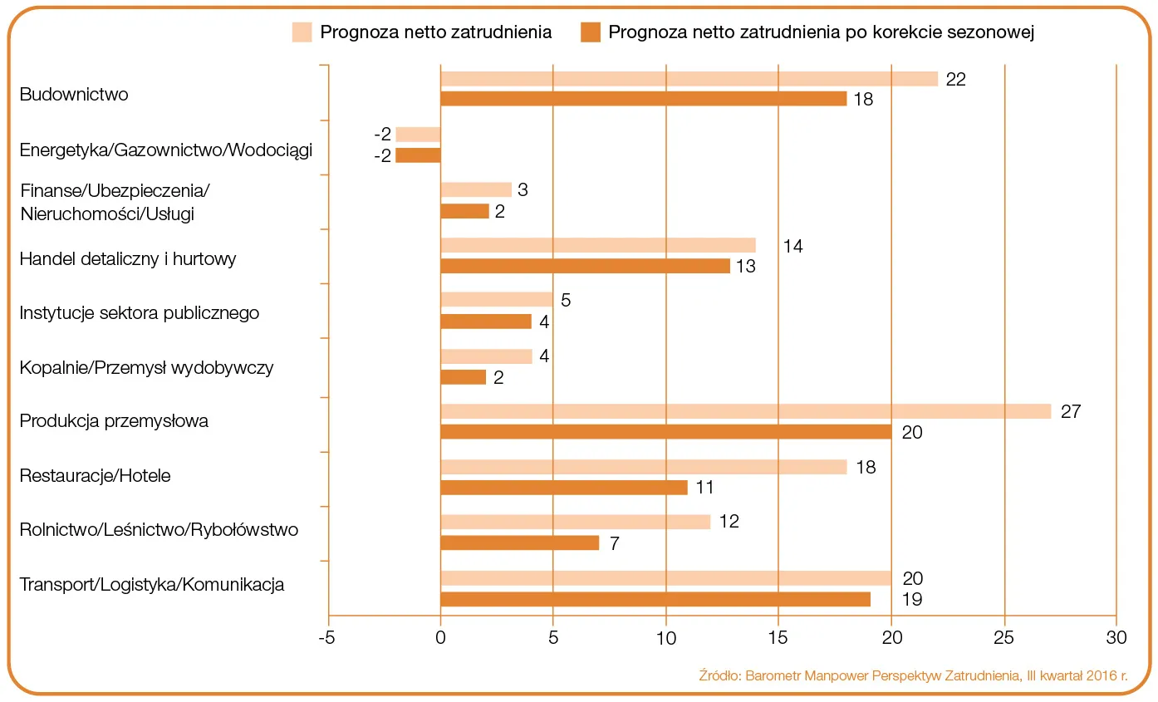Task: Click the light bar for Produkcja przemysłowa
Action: point(745,411)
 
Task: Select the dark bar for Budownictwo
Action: point(643,99)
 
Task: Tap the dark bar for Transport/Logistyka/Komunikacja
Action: point(655,599)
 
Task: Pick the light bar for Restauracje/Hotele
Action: point(643,467)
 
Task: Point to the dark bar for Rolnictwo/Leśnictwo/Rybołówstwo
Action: point(519,542)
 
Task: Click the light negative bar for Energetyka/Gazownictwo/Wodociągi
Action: point(418,135)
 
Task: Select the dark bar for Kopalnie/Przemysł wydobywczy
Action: point(463,377)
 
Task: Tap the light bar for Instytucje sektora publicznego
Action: point(496,300)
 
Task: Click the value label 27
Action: point(1070,411)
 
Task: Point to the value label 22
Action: point(956,79)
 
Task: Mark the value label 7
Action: point(615,543)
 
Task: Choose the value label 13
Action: point(745,267)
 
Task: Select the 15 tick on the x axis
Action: point(778,638)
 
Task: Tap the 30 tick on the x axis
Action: point(1116,638)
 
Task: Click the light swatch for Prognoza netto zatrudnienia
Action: point(302,32)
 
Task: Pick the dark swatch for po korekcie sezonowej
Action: point(590,32)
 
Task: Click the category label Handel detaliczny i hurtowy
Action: point(128,259)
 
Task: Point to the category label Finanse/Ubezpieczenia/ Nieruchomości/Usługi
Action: point(115,202)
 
